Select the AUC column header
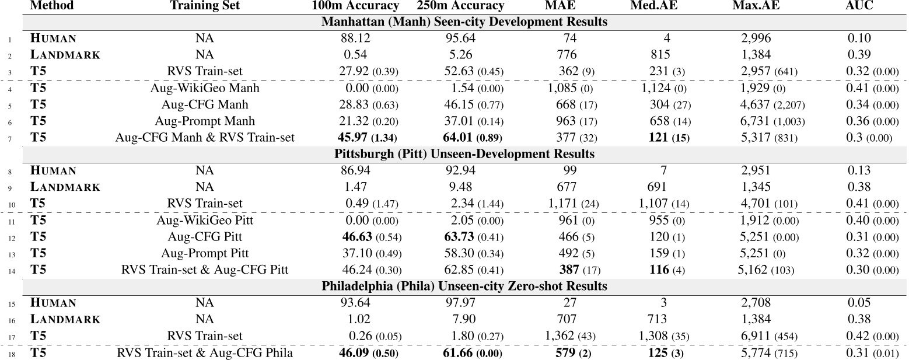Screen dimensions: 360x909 (x=859, y=6)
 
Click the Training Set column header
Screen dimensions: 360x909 (x=205, y=6)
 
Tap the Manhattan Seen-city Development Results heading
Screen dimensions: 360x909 (x=464, y=22)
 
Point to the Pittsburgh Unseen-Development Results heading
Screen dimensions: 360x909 (x=464, y=154)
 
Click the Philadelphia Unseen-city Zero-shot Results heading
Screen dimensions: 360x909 (x=464, y=286)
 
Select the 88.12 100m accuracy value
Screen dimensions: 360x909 (x=355, y=39)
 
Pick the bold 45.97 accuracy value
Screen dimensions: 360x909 (x=355, y=138)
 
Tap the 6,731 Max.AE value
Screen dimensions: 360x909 (x=757, y=121)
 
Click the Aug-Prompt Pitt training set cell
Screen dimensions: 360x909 (x=205, y=253)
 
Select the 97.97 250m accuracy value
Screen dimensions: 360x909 (x=460, y=303)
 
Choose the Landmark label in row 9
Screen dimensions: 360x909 (x=65, y=187)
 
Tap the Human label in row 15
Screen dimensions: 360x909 (x=53, y=303)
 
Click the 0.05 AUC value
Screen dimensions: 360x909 (x=859, y=303)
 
